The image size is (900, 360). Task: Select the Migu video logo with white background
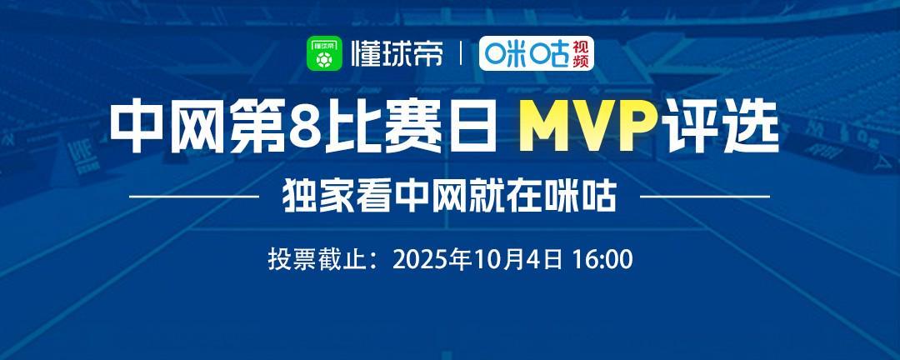tap(536, 56)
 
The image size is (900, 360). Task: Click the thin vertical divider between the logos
tap(462, 56)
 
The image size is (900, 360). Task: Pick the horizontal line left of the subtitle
tap(196, 197)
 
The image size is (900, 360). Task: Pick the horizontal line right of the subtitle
tap(704, 197)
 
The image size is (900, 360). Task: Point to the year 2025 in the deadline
tap(419, 258)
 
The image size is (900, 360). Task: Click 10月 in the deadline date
tap(499, 258)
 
